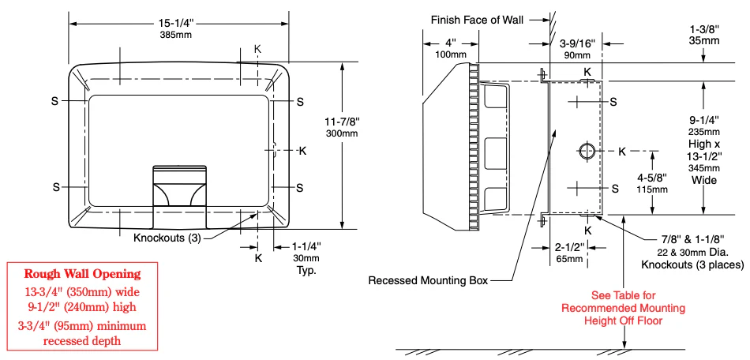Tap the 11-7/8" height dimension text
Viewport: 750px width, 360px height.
(342, 128)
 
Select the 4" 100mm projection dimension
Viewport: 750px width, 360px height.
(450, 47)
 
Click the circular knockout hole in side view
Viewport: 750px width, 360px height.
(587, 151)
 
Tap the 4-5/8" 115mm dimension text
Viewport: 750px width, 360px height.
(652, 183)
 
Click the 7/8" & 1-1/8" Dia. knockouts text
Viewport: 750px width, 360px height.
(692, 252)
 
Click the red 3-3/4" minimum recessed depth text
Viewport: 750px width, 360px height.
(82, 333)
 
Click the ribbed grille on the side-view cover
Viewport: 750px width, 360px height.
(474, 145)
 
